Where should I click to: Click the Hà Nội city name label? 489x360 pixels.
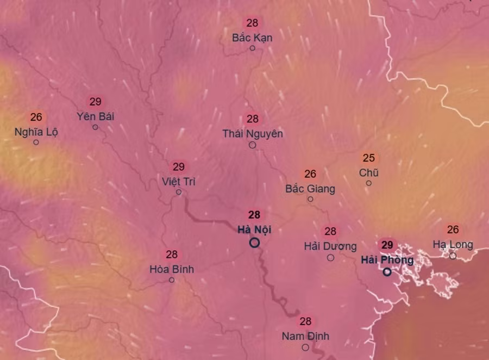click(254, 229)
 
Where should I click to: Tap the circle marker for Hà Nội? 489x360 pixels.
click(254, 243)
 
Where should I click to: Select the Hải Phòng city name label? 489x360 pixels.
click(387, 260)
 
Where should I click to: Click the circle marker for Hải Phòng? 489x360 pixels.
click(387, 271)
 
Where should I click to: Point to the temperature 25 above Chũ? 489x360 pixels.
click(369, 158)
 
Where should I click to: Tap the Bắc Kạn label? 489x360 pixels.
click(252, 38)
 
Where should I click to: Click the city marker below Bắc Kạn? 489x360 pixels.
click(252, 48)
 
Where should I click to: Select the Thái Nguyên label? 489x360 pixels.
click(253, 134)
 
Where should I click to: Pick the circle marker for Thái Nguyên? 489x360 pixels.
click(252, 145)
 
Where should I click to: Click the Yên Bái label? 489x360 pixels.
click(96, 116)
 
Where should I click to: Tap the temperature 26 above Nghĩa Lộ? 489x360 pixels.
click(36, 117)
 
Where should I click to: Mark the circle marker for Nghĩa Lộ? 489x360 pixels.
click(36, 142)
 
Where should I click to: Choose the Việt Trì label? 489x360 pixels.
click(179, 181)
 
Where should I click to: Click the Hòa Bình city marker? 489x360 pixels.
click(172, 280)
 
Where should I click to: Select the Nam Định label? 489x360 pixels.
click(305, 336)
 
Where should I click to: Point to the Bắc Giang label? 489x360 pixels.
click(310, 189)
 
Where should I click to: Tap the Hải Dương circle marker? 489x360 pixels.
click(330, 258)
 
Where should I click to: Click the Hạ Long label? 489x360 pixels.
click(453, 245)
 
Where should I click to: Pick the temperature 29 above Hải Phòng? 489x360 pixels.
click(387, 245)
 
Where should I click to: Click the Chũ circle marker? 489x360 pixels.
click(368, 183)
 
